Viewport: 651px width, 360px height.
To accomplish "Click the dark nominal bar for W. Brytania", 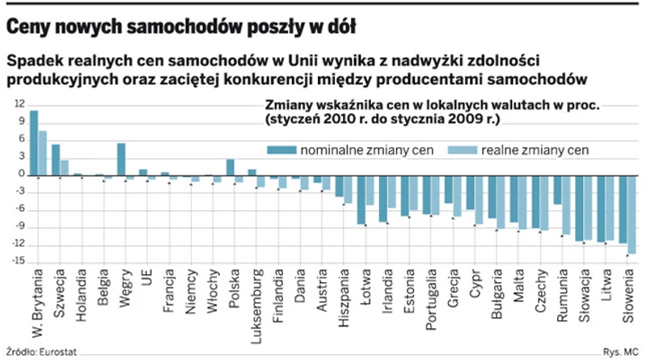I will tap(33, 142).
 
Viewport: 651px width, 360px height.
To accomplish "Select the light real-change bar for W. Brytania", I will tap(42, 153).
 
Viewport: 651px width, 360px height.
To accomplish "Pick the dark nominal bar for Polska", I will tap(230, 167).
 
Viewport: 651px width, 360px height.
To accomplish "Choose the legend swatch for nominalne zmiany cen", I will tap(281, 150).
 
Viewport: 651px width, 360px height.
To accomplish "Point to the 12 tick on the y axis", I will tap(19, 104).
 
